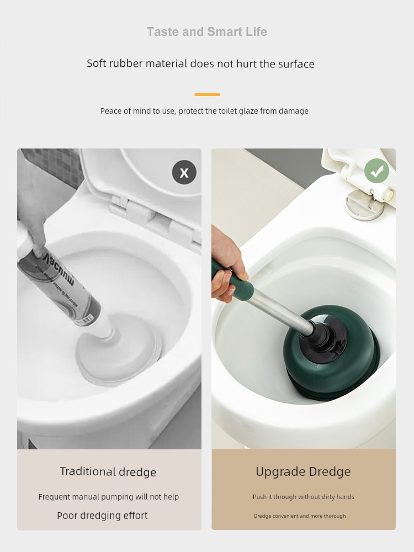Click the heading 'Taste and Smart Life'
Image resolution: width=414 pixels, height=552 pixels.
(x=207, y=31)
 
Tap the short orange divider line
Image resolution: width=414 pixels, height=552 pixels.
(x=207, y=94)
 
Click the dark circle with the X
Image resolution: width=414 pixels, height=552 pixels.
(x=184, y=172)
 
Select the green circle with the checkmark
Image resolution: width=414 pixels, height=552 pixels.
(x=376, y=171)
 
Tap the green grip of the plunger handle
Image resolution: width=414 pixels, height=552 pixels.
(x=232, y=280)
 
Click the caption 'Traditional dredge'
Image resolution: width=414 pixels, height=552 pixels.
(x=108, y=472)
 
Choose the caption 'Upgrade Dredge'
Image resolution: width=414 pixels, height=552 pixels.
(x=303, y=471)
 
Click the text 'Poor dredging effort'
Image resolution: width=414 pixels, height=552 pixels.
(x=102, y=516)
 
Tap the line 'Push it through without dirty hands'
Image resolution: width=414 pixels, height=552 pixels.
(x=304, y=497)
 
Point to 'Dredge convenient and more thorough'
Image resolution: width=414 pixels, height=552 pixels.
(x=300, y=516)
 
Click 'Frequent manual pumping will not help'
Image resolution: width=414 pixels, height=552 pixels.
(x=108, y=497)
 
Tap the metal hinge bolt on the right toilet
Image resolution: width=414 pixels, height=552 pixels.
(x=365, y=205)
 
